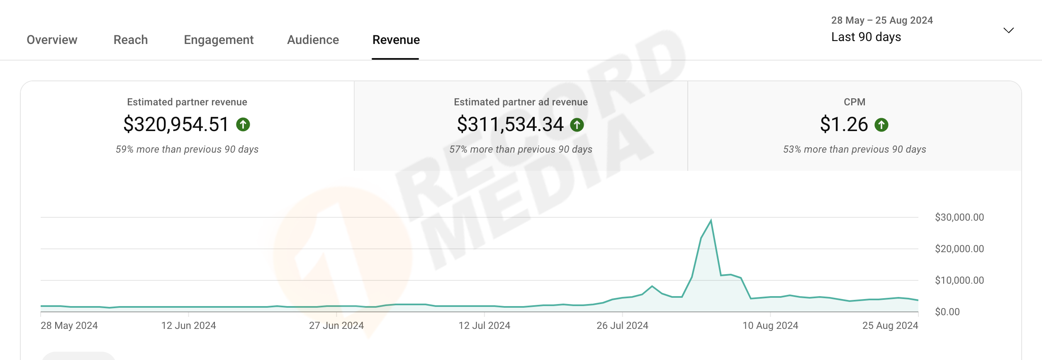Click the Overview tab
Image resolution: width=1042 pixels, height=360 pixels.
(x=52, y=40)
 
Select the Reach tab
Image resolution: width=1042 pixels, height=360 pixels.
(x=131, y=40)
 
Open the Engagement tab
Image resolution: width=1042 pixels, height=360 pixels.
(x=219, y=40)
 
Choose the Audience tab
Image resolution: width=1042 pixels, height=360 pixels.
(x=313, y=40)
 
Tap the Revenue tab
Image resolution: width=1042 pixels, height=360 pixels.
(x=396, y=40)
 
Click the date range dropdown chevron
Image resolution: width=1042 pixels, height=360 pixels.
(x=1008, y=30)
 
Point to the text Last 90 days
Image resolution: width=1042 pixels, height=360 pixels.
(x=866, y=37)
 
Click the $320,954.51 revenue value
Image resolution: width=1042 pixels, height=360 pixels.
(x=176, y=124)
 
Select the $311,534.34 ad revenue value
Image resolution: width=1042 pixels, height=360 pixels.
(x=510, y=124)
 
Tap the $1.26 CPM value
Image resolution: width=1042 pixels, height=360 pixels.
(x=844, y=124)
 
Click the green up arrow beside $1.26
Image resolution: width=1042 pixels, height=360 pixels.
(x=881, y=125)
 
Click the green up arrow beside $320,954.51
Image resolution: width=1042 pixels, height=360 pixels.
(x=243, y=124)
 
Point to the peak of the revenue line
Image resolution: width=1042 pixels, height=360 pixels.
(x=711, y=220)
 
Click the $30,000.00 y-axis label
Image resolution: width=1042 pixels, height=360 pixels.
(x=959, y=217)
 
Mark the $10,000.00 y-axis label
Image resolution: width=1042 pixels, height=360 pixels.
(x=959, y=280)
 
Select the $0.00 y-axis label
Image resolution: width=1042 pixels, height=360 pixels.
(x=947, y=312)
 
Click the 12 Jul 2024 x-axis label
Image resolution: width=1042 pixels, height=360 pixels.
(x=484, y=326)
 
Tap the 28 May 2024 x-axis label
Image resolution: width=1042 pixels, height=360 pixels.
(x=69, y=326)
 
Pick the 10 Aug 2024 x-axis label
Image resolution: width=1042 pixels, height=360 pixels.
(x=770, y=326)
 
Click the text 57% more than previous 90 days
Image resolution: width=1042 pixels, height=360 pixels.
(x=521, y=149)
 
